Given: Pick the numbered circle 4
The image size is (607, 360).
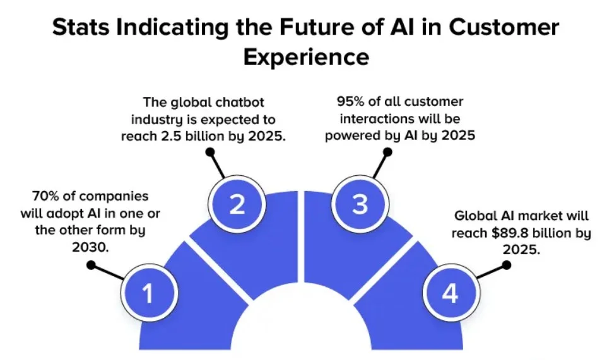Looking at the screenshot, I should tap(449, 293).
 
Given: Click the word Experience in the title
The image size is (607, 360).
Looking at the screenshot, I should tap(306, 57).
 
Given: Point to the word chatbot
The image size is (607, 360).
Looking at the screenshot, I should tap(260, 102).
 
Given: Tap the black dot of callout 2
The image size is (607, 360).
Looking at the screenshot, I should tap(210, 151).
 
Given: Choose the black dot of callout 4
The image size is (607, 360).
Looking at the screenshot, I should tap(507, 265).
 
